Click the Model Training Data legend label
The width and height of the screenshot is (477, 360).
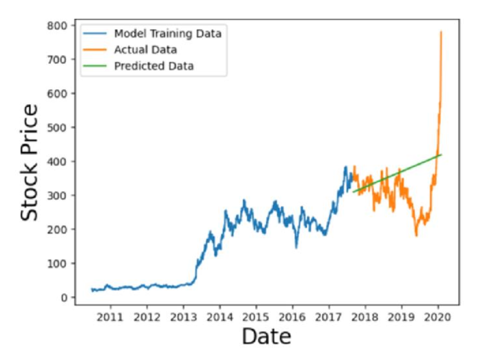pyautogui.click(x=167, y=34)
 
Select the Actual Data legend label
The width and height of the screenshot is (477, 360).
pyautogui.click(x=145, y=50)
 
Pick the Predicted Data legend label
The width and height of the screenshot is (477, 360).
pyautogui.click(x=154, y=66)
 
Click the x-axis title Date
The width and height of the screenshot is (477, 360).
pyautogui.click(x=267, y=336)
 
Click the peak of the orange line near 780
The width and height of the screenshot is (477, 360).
pyautogui.click(x=441, y=32)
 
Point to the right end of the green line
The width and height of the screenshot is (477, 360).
pyautogui.click(x=442, y=155)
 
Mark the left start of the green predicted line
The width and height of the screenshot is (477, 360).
pyautogui.click(x=353, y=192)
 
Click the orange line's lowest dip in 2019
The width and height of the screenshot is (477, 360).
pyautogui.click(x=416, y=236)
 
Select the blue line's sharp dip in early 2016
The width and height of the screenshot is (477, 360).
pyautogui.click(x=296, y=247)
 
